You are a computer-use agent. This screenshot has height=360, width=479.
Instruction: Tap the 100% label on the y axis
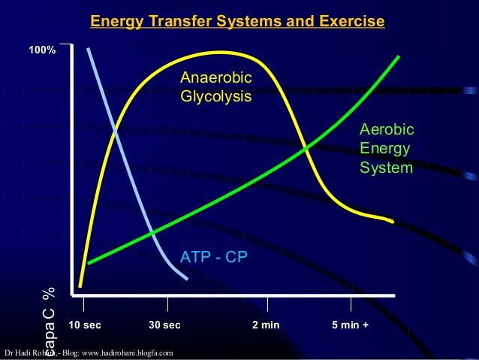pos(41,51)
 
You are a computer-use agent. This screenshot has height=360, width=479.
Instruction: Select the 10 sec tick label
pos(84,325)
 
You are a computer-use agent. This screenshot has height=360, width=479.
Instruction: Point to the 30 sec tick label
pos(165,325)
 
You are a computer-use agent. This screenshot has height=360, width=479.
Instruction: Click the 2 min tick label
pos(265,325)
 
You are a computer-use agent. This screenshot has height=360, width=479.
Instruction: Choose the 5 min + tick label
pos(350,325)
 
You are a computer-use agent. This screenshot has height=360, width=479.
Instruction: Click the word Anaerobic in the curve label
pos(216,79)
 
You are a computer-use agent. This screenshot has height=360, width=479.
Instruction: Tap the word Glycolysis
pos(215,97)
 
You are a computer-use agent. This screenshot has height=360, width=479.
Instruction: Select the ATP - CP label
pos(214,258)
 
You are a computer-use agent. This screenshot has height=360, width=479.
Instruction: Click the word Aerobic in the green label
pos(387,131)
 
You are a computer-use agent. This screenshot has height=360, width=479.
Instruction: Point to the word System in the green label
pos(386,168)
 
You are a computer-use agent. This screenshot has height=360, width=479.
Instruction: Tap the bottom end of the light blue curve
pos(187,279)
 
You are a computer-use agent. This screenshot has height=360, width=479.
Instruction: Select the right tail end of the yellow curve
pos(392,222)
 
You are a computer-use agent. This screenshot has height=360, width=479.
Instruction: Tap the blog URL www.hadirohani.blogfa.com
pos(131,352)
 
